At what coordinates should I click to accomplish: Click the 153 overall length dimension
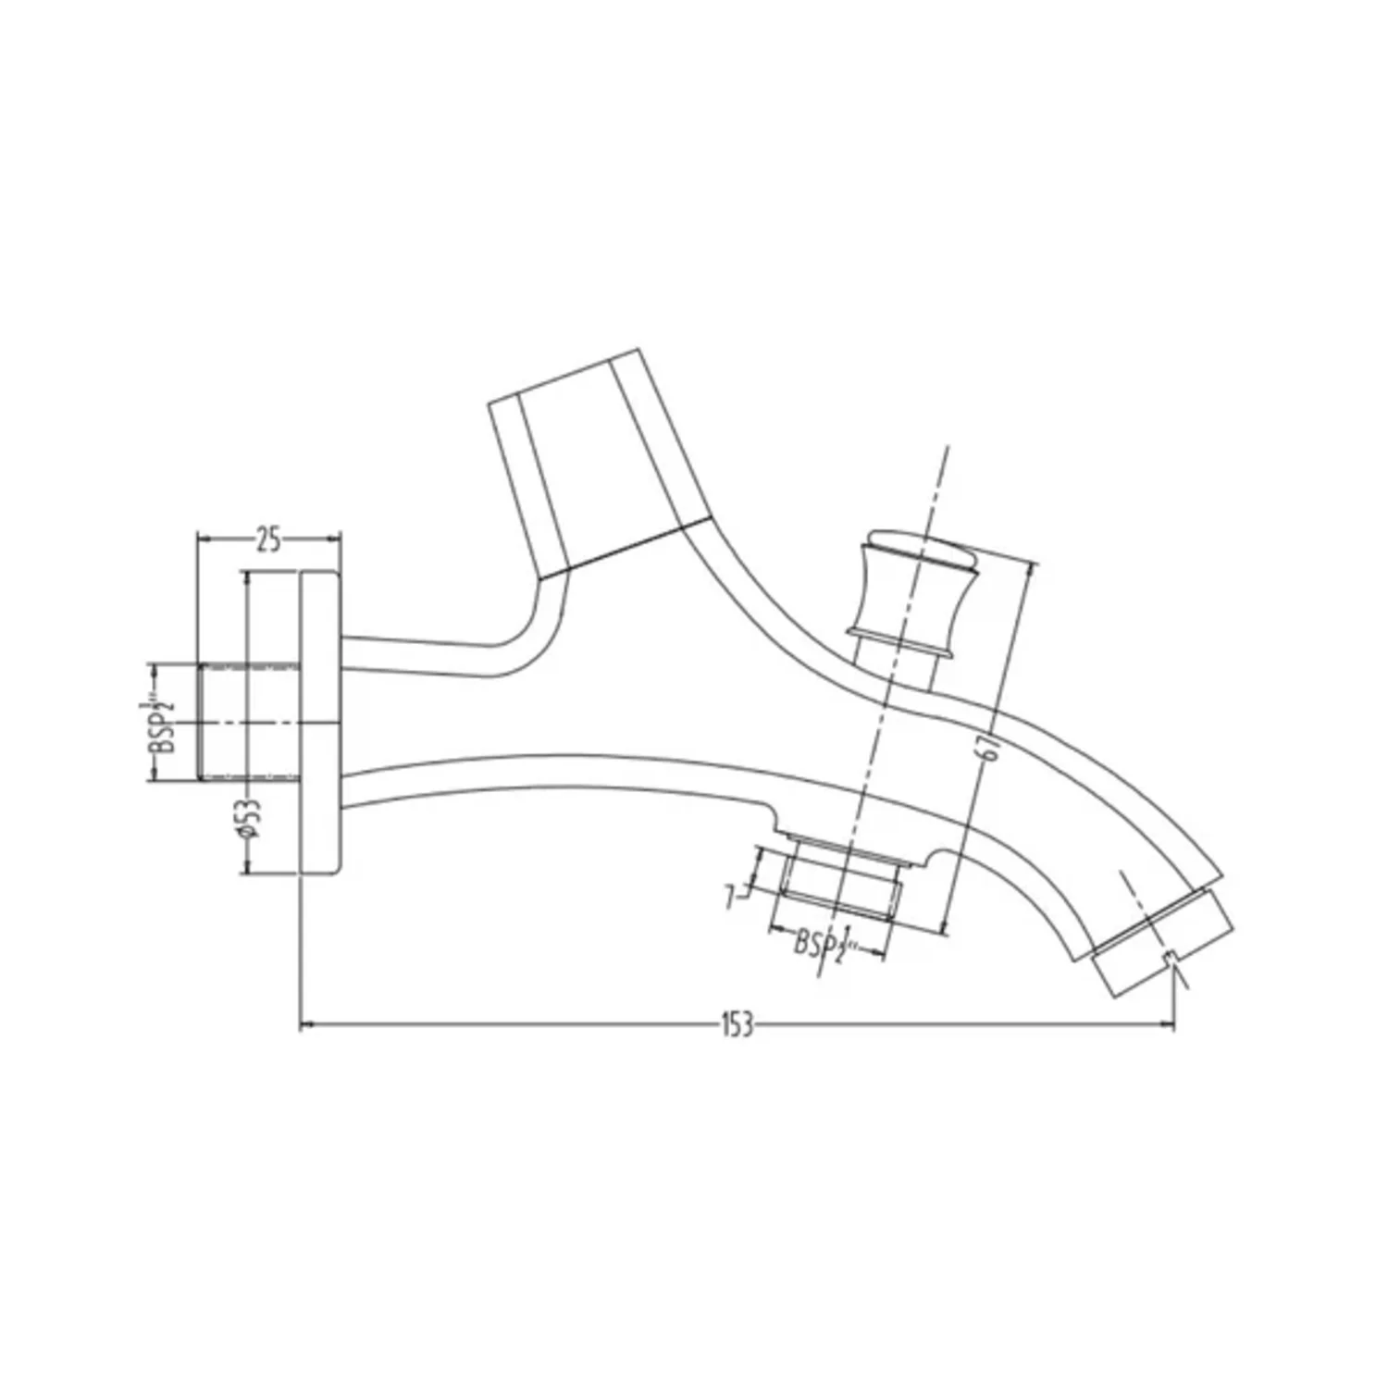[x=737, y=1025]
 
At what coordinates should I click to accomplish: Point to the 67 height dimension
[x=989, y=746]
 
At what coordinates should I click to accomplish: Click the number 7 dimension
[x=731, y=897]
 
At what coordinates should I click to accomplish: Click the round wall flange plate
[x=321, y=722]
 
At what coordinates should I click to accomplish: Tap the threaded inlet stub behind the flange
[x=249, y=722]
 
